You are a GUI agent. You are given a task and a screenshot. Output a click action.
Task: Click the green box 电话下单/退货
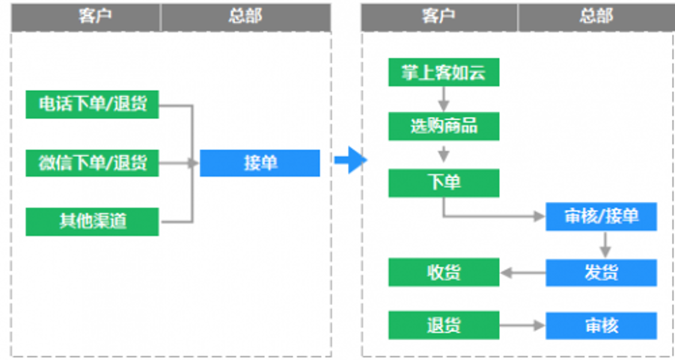point(92,104)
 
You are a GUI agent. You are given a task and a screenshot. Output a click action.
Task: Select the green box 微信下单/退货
point(92,162)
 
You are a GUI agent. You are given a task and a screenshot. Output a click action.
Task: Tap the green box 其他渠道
point(92,221)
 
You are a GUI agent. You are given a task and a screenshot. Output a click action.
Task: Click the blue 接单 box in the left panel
point(260,162)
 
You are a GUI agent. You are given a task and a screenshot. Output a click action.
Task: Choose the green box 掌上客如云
point(444,72)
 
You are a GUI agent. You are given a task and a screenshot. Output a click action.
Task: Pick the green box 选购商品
point(444,126)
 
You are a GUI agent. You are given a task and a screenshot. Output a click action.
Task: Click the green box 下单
point(444,183)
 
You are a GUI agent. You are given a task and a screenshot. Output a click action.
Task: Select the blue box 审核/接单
point(601,216)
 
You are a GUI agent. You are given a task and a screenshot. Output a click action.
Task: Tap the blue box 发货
point(601,272)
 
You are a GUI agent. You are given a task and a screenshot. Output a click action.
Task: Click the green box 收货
point(444,272)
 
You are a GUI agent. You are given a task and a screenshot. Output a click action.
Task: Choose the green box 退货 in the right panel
point(444,325)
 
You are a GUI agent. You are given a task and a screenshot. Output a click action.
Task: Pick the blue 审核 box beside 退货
point(601,325)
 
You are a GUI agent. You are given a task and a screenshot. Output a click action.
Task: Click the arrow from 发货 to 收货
point(522,273)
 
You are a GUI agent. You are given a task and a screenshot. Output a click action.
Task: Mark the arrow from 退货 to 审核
point(522,326)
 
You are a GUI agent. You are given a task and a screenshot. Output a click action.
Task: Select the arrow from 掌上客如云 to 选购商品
point(444,99)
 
